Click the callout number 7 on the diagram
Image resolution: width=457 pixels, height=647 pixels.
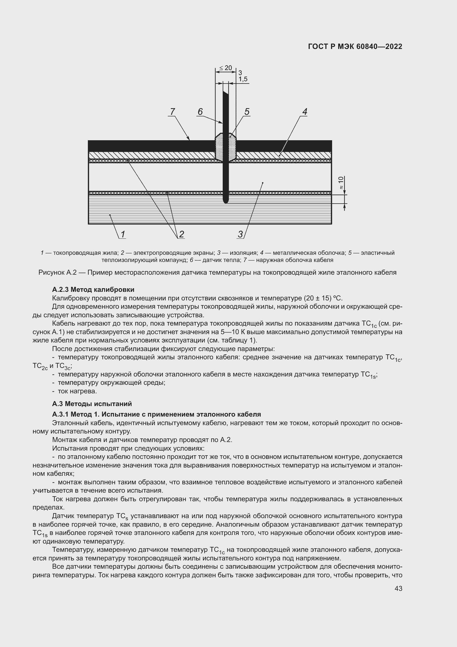coord(172,112)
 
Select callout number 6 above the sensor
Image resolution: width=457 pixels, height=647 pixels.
coord(200,112)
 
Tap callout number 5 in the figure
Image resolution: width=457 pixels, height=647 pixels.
coord(247,112)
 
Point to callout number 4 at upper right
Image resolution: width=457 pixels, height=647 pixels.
coord(304,112)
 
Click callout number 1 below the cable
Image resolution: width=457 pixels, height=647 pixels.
coord(123,234)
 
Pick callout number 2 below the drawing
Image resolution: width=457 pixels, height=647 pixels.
coord(182,234)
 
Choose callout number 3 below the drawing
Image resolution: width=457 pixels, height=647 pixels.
coord(240,234)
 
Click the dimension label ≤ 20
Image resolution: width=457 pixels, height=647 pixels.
coord(225,68)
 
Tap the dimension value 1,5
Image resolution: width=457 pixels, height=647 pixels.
coord(243,79)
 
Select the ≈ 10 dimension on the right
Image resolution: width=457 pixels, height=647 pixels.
coord(341,183)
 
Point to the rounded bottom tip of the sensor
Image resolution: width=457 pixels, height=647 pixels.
coord(225,201)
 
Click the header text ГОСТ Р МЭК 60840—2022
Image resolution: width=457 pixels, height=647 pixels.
coord(355,47)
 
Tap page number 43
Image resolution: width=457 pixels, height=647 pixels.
coord(398,588)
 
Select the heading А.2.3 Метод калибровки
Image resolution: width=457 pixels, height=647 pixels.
coord(93,289)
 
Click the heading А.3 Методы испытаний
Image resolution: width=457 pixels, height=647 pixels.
coord(92,404)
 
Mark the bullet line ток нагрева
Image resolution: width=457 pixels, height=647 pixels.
coord(77,391)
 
